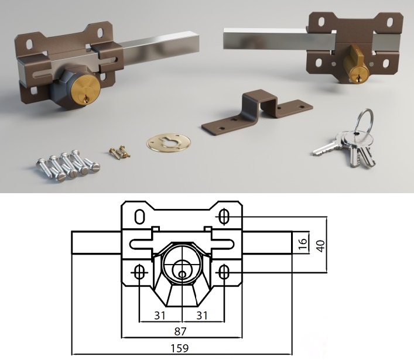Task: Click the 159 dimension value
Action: coord(180,348)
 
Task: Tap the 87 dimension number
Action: coord(180,331)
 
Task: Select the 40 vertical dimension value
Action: coord(320,246)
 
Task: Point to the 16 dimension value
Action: coord(304,244)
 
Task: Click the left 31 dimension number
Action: coord(160,316)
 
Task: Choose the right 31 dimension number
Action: coord(202,316)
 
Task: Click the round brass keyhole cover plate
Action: coord(169,142)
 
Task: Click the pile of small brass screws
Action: coord(120,152)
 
